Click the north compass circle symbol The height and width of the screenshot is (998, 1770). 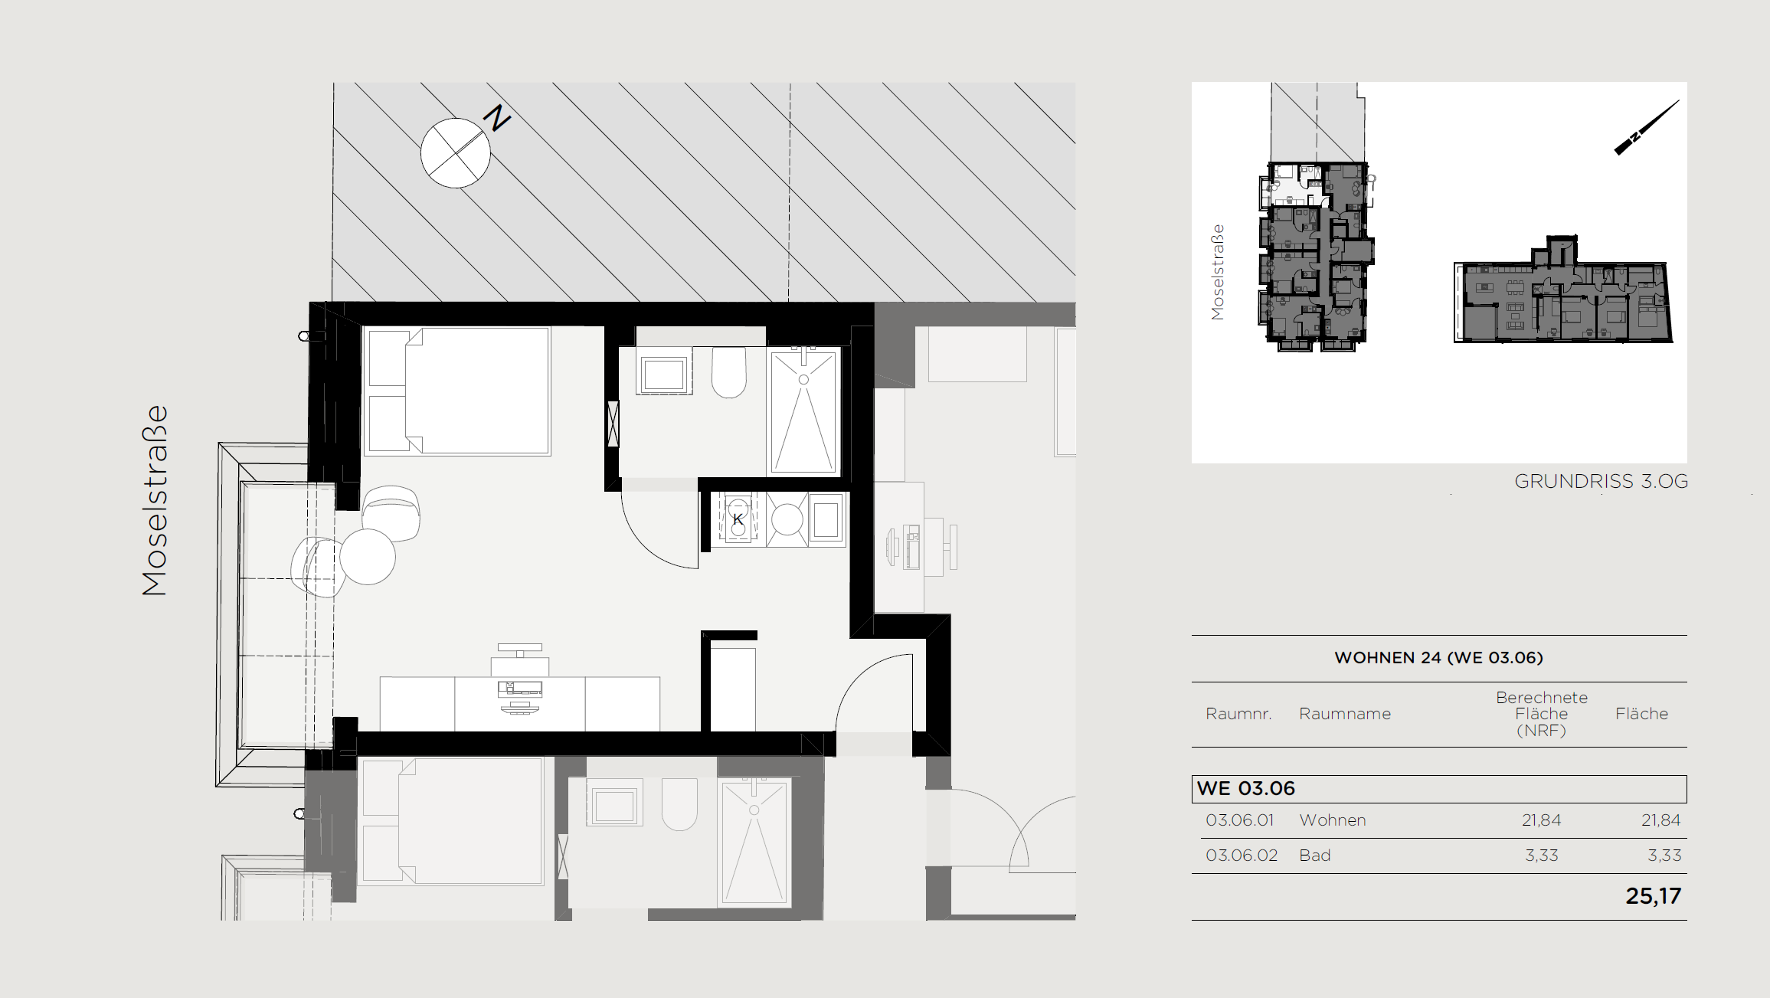pyautogui.click(x=456, y=152)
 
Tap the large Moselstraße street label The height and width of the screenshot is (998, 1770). pyautogui.click(x=155, y=500)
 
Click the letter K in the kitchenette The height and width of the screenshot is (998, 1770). pyautogui.click(x=738, y=519)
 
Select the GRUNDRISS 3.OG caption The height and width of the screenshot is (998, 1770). pyautogui.click(x=1601, y=481)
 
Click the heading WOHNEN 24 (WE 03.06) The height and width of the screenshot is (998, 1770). pyautogui.click(x=1438, y=657)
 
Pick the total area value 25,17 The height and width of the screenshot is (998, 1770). pyautogui.click(x=1653, y=896)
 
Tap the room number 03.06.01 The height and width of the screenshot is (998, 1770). pyautogui.click(x=1239, y=820)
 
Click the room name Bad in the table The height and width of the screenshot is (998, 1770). pyautogui.click(x=1315, y=856)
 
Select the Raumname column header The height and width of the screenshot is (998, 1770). pyautogui.click(x=1344, y=714)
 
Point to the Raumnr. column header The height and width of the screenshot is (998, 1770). pyautogui.click(x=1238, y=714)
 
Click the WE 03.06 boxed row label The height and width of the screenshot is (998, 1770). pyautogui.click(x=1245, y=788)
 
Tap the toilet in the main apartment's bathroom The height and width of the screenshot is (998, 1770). pyautogui.click(x=729, y=372)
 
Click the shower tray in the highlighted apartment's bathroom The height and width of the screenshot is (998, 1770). pyautogui.click(x=803, y=411)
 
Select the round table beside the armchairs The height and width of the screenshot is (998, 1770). pyautogui.click(x=368, y=557)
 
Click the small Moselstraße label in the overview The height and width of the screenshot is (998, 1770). pyautogui.click(x=1218, y=272)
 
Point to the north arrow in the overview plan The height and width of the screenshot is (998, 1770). pyautogui.click(x=1647, y=127)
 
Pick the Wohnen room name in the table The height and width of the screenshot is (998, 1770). pyautogui.click(x=1333, y=820)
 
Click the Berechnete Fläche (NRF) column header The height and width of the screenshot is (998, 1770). pyautogui.click(x=1541, y=714)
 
